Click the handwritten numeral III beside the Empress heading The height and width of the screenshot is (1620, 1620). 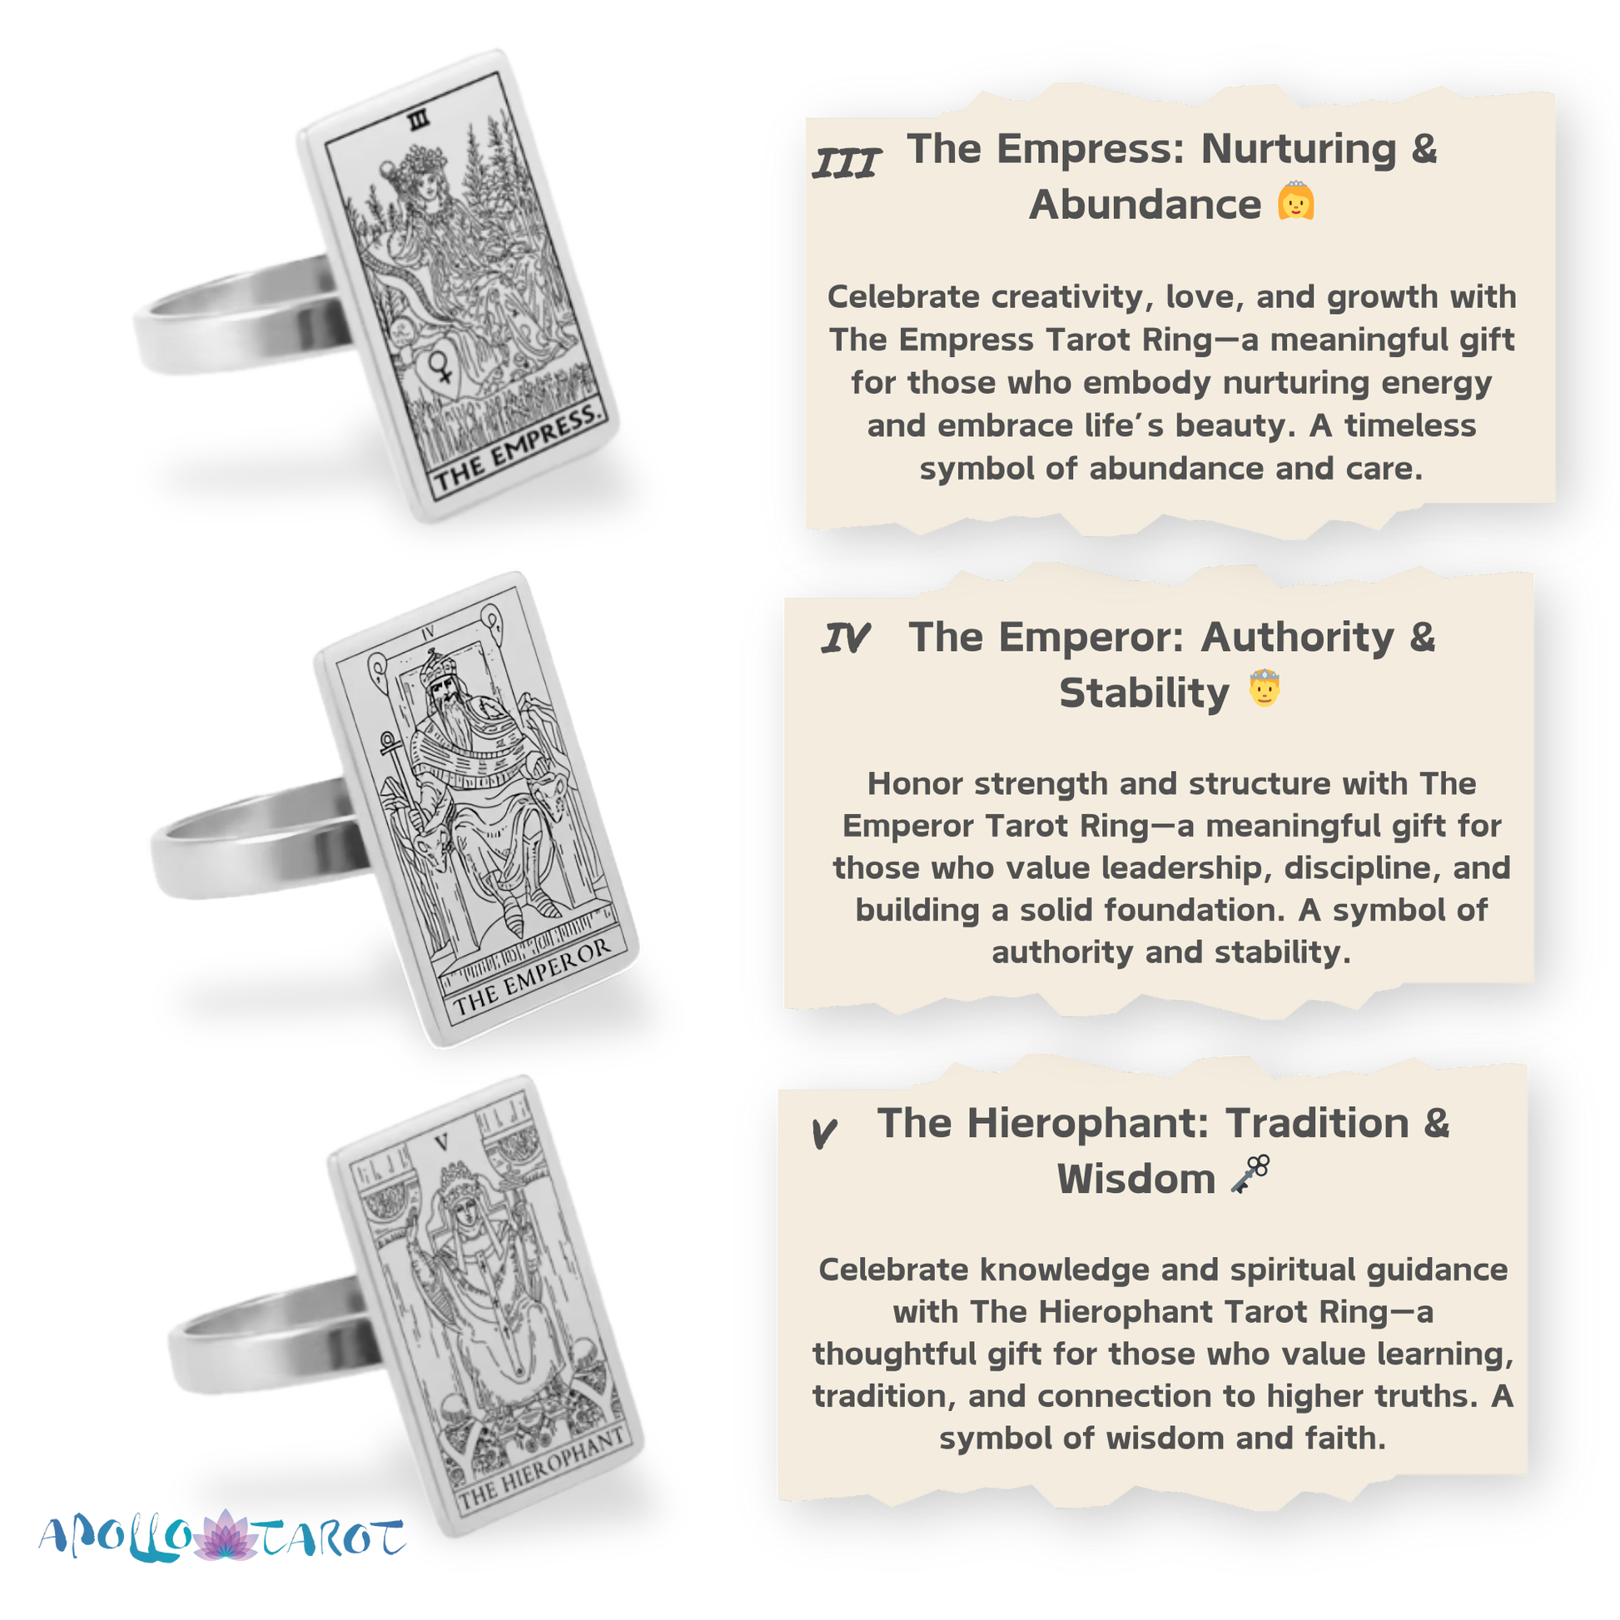[847, 163]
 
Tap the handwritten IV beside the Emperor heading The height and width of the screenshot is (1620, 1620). [845, 640]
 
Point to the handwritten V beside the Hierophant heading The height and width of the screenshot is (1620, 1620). [824, 1133]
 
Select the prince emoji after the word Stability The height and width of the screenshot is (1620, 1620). [1265, 688]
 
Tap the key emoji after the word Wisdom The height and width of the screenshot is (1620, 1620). [1250, 1173]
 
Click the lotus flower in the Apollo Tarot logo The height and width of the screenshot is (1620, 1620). [225, 1536]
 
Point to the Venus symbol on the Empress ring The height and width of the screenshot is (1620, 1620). [441, 366]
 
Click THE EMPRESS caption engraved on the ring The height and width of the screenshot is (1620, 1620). [516, 447]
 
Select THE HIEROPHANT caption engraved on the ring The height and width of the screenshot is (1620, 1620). [541, 1468]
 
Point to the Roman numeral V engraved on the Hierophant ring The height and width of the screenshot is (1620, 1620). [442, 1142]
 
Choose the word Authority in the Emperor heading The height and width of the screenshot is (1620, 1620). [1298, 638]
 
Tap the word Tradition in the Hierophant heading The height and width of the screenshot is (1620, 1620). [1316, 1124]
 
